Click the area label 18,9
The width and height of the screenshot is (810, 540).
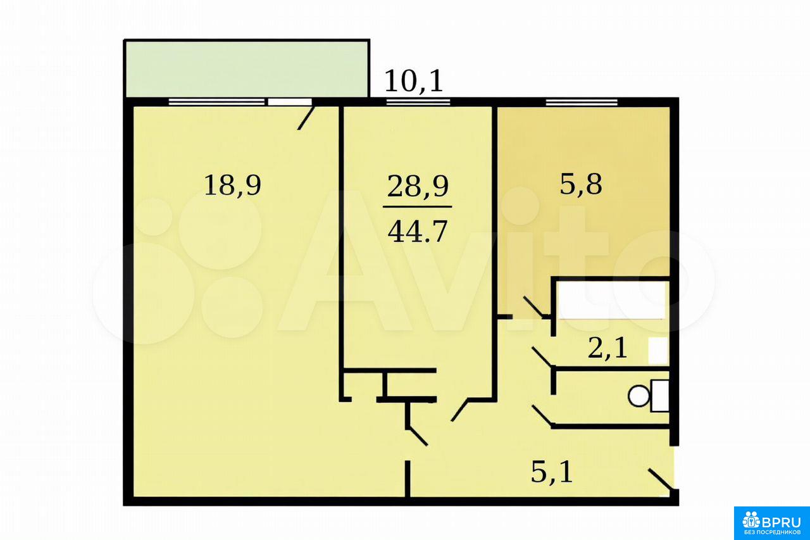point(232,186)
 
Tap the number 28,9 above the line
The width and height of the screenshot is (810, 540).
point(418,187)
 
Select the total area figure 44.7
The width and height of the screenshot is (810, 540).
point(418,232)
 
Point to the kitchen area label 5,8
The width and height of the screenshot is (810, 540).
point(581,185)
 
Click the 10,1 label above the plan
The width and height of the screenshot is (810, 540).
point(413,82)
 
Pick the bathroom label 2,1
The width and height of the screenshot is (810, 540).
point(607,349)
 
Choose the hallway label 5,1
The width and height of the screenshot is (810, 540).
point(552,473)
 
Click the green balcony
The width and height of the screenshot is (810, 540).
point(246,69)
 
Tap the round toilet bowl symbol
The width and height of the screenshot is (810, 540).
point(639,396)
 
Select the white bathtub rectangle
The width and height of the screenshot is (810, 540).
point(612,301)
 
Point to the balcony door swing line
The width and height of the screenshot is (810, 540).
point(306,118)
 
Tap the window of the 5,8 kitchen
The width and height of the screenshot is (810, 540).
point(582,102)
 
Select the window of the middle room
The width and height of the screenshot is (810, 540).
point(418,102)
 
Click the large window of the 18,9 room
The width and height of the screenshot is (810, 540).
point(216,102)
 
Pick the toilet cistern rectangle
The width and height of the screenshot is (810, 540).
point(659,396)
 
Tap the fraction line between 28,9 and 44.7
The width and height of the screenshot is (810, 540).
point(417,207)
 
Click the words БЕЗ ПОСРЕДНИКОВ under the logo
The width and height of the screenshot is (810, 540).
point(772,533)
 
